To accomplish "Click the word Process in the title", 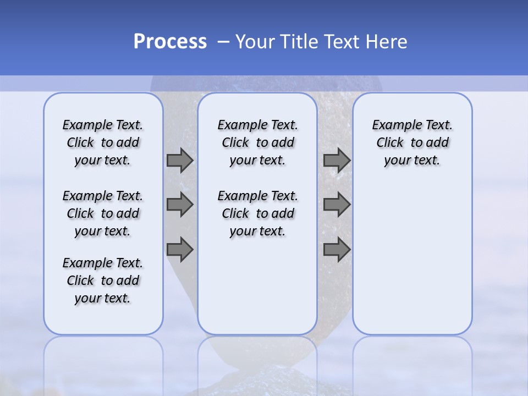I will click(169, 42).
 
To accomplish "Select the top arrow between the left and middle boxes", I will click(180, 160).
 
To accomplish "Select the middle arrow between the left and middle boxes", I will click(180, 205).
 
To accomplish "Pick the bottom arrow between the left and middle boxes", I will click(180, 250).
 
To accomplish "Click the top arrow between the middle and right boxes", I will click(337, 160).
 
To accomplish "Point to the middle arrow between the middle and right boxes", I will click(337, 205).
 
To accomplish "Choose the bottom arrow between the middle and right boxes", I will click(337, 250).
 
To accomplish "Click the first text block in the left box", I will click(103, 142).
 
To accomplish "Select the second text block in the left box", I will click(103, 213).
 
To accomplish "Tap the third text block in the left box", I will click(103, 280).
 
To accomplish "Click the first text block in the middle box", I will click(257, 142).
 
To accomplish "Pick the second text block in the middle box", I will click(257, 213).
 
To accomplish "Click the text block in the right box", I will click(413, 142).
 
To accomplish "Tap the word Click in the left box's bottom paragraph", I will click(80, 280).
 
